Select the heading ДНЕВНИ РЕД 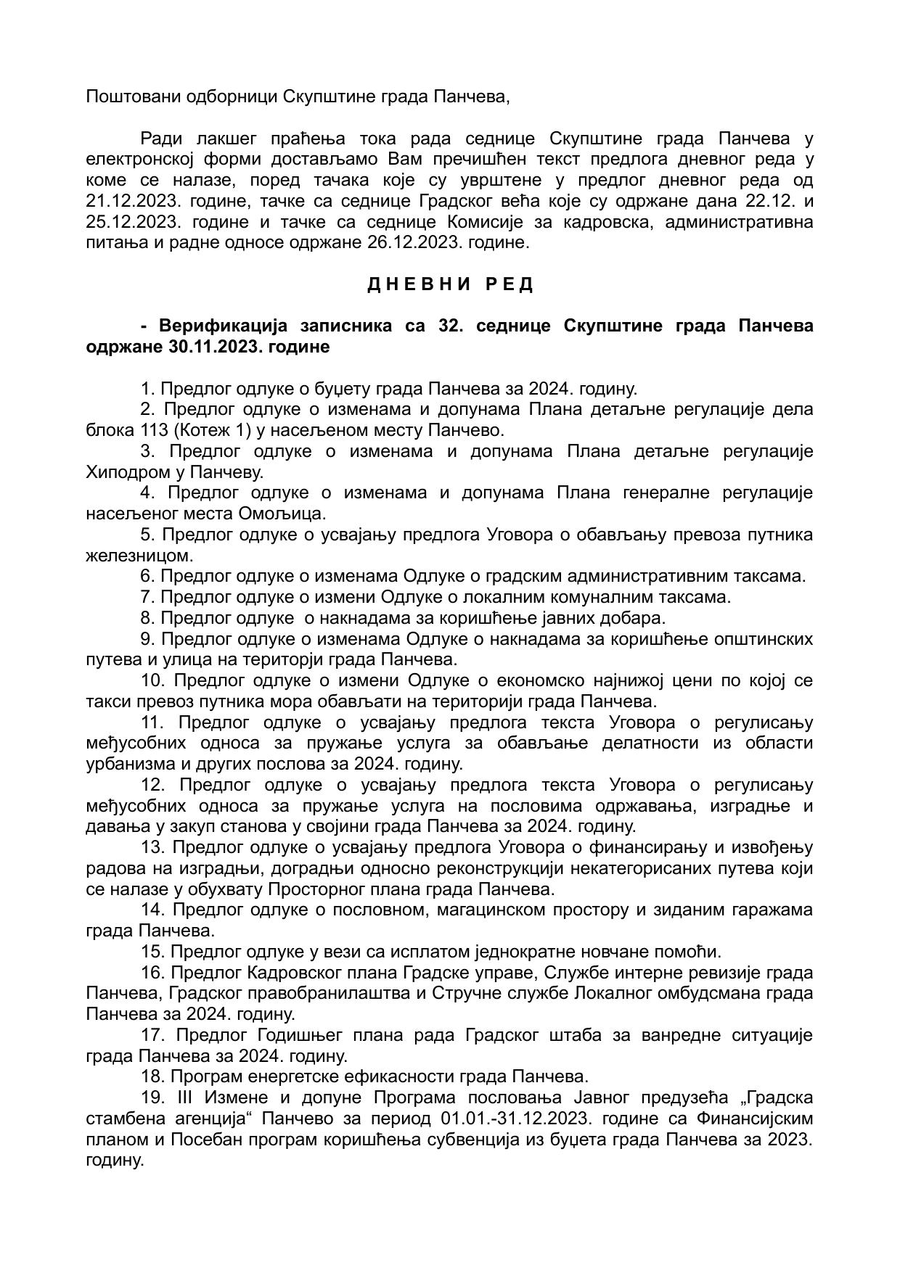point(450,284)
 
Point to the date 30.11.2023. point(214,347)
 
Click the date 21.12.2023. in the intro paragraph point(131,201)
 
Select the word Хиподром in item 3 point(126,473)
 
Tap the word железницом point(140,556)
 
